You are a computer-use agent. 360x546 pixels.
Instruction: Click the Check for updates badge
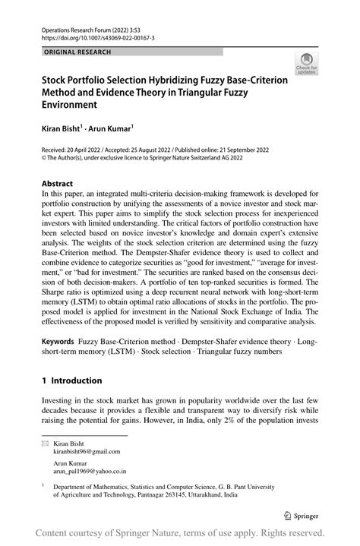pyautogui.click(x=308, y=64)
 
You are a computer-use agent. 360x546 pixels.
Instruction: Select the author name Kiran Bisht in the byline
pyautogui.click(x=61, y=130)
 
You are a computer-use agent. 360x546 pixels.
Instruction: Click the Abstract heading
pyautogui.click(x=58, y=184)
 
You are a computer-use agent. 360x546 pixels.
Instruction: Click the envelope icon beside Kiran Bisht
pyautogui.click(x=45, y=442)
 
